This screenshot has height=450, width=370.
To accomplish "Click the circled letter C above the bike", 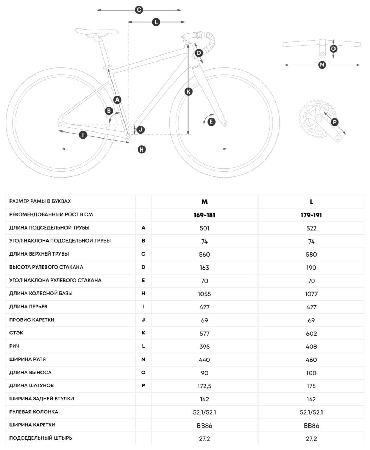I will pos(139,10).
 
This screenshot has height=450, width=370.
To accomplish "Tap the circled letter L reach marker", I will pos(156,22).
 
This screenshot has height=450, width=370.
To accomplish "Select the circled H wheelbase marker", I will pos(141,149).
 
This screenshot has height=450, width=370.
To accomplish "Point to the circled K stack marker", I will pos(189,91).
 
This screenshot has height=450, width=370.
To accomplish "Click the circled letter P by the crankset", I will pos(334,122).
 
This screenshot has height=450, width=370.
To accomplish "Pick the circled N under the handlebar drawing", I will pos(322,65).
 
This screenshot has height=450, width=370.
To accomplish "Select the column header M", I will pos(204,201).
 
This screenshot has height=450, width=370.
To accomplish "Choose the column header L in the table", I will pos(311,201).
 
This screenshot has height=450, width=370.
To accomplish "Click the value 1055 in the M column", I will pos(204,294).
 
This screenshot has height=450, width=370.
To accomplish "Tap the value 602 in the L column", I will pos(311,334).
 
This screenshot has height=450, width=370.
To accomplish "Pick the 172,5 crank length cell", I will pos(204,386).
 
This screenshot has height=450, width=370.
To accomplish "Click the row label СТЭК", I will pos(17,333).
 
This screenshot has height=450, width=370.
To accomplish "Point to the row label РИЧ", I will pos(14,346).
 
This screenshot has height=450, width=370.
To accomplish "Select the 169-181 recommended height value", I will pos(204,215).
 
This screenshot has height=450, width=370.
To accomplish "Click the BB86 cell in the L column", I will pos(311,426).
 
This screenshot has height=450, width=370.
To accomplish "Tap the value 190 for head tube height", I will pos(311,268).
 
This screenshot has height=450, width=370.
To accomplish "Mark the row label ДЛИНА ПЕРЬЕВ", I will pos(28,307).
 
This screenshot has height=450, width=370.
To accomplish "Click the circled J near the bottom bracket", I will pos(140,130).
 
